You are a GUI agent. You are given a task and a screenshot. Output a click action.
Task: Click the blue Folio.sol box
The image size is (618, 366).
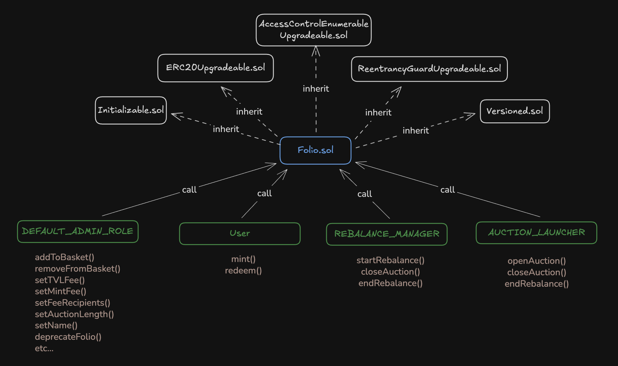[x=315, y=150]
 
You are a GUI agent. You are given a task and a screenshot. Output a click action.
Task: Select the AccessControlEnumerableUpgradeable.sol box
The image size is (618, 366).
[x=314, y=30]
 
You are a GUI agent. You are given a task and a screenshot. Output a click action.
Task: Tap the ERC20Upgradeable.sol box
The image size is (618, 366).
[x=215, y=68]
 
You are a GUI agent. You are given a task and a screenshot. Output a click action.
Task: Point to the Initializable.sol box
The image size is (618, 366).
[x=131, y=110]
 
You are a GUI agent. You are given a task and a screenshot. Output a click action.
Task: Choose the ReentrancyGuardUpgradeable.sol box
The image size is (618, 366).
[x=429, y=69]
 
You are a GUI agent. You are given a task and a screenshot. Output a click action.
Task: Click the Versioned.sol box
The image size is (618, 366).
[x=514, y=111]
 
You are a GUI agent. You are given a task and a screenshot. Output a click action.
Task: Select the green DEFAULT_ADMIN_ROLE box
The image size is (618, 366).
[x=78, y=232]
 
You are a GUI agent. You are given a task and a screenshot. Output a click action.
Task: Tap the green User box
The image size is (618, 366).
[x=240, y=234]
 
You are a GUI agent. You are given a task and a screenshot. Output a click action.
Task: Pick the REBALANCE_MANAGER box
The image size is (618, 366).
[x=387, y=234]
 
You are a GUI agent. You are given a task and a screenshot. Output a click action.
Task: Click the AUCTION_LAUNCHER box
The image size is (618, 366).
[x=536, y=232]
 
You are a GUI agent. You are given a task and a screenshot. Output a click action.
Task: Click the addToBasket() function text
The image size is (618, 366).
[x=65, y=257]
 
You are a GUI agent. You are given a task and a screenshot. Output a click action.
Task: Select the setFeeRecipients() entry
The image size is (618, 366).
[x=72, y=303]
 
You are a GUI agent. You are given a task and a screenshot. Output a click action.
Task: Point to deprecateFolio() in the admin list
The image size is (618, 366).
[x=68, y=337]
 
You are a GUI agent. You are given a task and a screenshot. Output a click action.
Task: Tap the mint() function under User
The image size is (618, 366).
[x=243, y=259]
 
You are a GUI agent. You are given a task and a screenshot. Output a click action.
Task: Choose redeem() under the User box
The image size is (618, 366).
[x=243, y=270]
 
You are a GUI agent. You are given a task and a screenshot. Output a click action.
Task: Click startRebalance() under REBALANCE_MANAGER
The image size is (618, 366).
[x=390, y=260]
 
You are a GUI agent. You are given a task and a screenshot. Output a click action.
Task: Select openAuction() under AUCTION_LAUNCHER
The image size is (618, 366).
[x=537, y=261]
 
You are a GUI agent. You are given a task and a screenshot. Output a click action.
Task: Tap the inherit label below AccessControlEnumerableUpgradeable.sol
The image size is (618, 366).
[x=316, y=89]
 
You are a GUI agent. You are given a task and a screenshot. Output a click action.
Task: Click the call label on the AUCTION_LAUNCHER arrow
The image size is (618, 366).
[x=448, y=190]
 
